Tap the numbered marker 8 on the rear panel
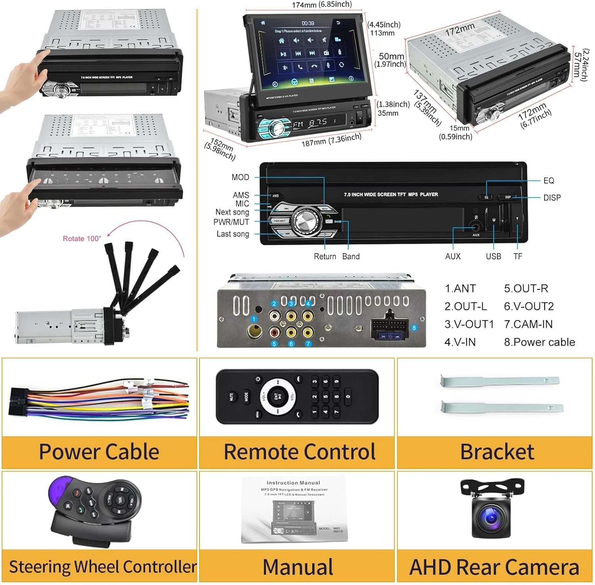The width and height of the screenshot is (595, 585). [414, 328]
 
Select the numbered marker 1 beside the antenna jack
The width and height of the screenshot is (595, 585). [254, 319]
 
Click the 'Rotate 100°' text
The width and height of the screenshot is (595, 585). [82, 238]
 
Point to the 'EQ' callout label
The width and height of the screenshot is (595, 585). [549, 181]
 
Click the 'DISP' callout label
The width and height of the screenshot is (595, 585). [552, 198]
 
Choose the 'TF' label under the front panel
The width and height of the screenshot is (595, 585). [518, 257]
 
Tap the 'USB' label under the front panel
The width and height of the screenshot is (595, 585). [493, 257]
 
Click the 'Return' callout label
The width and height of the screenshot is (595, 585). [325, 257]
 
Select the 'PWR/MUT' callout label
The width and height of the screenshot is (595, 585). [231, 222]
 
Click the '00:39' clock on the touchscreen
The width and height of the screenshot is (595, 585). [308, 23]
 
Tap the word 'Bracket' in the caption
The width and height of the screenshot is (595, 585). [497, 452]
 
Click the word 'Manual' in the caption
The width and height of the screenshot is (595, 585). [297, 567]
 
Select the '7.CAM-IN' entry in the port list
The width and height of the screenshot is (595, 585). [528, 324]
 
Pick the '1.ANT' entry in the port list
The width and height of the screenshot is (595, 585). [460, 288]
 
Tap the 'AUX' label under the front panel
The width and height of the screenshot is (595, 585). [453, 257]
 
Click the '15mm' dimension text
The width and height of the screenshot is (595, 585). [459, 128]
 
